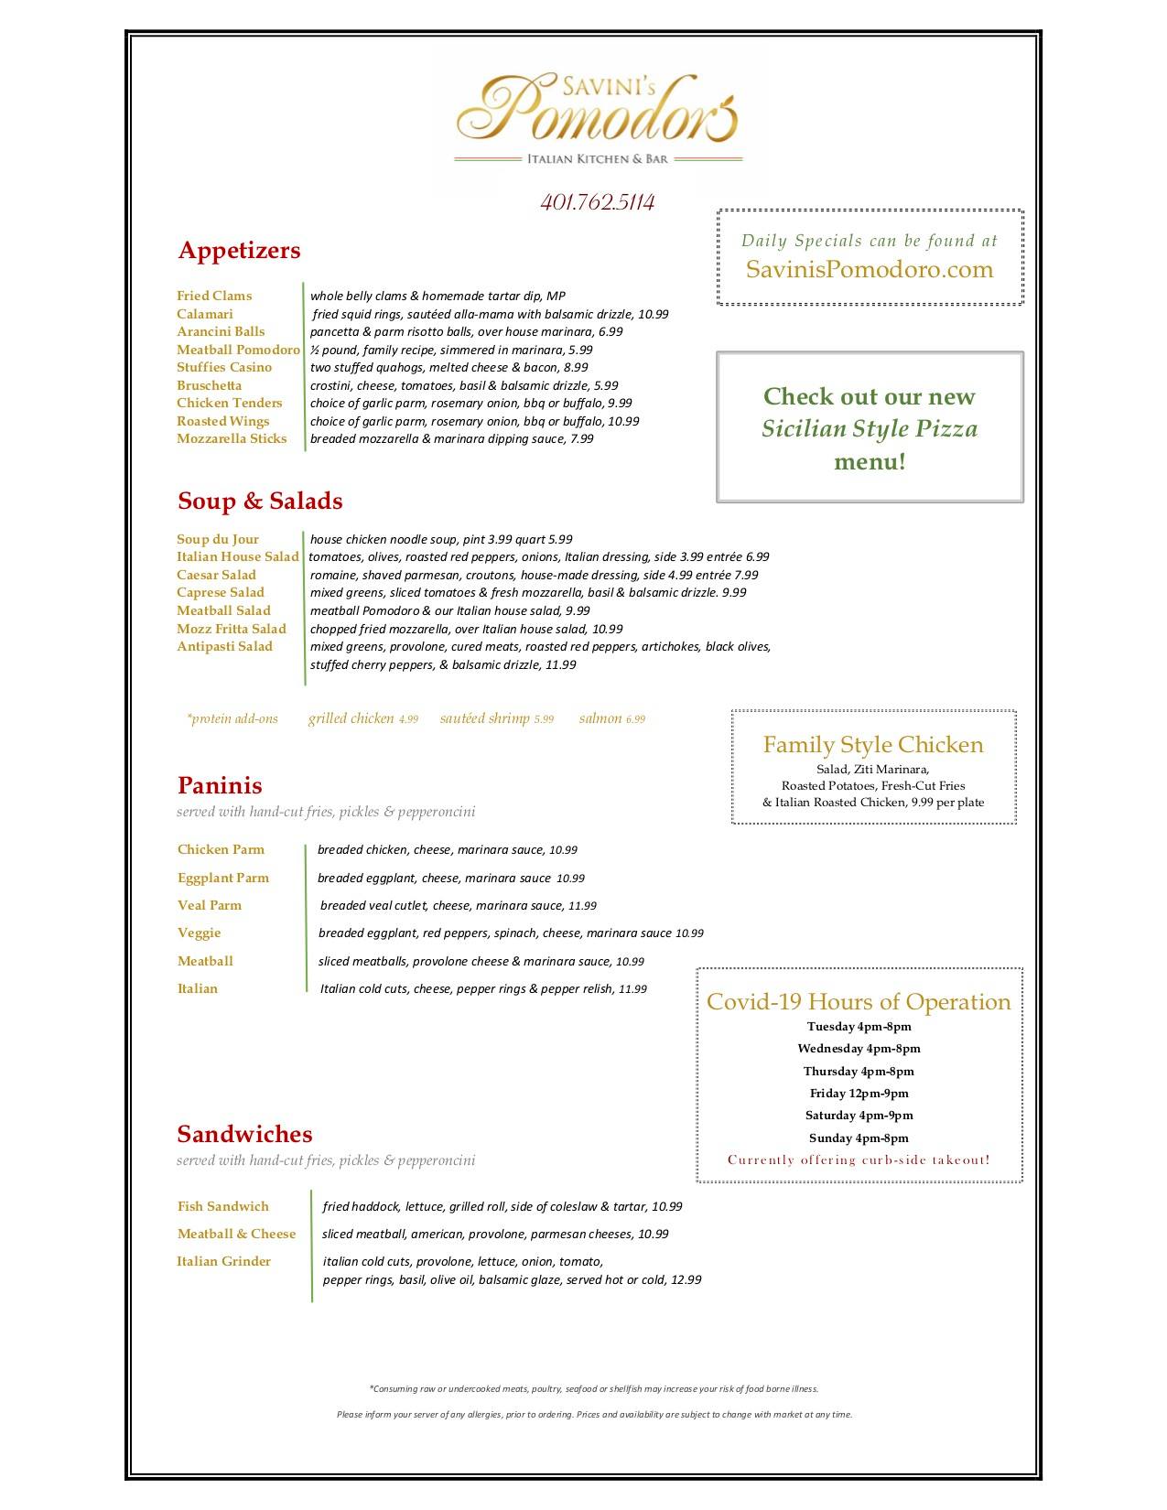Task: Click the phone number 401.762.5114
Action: tap(597, 202)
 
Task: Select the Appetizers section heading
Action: tap(239, 250)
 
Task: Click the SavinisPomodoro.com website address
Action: tap(869, 269)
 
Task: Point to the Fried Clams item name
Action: tap(214, 296)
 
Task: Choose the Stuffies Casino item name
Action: tap(224, 367)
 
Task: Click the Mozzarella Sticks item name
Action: tap(232, 438)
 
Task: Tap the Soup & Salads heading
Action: tap(260, 501)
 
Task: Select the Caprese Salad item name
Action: tap(221, 592)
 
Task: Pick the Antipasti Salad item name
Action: tap(224, 646)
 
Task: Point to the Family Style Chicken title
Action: tap(873, 744)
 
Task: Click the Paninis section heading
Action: tap(220, 785)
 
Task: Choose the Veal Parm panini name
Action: tap(210, 905)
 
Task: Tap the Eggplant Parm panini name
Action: tap(223, 878)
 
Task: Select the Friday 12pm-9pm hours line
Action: tap(859, 1093)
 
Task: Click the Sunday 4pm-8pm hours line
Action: tap(859, 1138)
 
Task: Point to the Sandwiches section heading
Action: tap(244, 1134)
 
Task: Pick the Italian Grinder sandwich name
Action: tap(224, 1261)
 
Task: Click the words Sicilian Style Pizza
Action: tap(870, 428)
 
